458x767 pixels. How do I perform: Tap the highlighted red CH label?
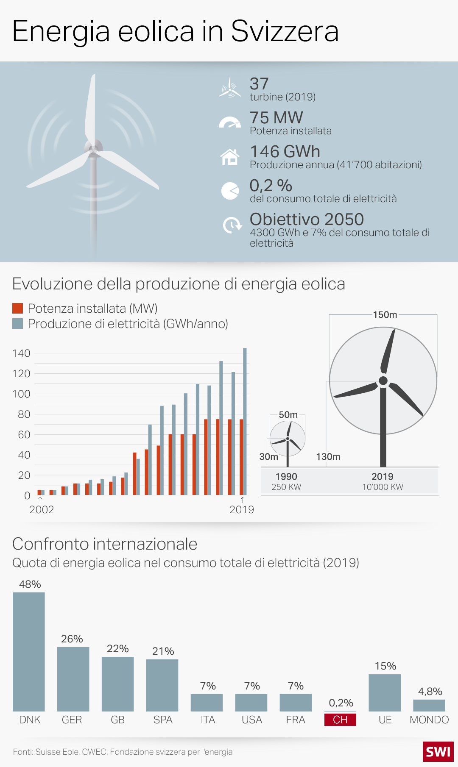coord(340,720)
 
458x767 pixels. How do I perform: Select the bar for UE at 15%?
coord(385,692)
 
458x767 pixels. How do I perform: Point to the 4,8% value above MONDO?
coord(430,691)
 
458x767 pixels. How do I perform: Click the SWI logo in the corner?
coord(438,751)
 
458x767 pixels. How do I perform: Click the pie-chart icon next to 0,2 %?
coord(230,191)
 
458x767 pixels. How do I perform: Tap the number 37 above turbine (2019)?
coord(259,83)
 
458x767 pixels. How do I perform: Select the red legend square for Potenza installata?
coord(17,308)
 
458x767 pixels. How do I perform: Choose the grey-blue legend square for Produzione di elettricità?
coord(17,323)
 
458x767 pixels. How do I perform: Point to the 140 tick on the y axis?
coord(21,353)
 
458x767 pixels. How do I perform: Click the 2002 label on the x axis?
coord(42,509)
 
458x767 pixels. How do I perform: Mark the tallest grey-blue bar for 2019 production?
coord(245,421)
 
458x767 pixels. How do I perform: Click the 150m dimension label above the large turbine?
coord(385,314)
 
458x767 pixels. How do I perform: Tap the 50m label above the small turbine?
coord(288,414)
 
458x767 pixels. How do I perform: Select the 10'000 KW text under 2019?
coord(383,487)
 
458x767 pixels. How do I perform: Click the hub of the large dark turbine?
coord(383,381)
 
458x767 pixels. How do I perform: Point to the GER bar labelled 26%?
coord(73,679)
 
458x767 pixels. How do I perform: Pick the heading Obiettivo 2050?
coord(307,219)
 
